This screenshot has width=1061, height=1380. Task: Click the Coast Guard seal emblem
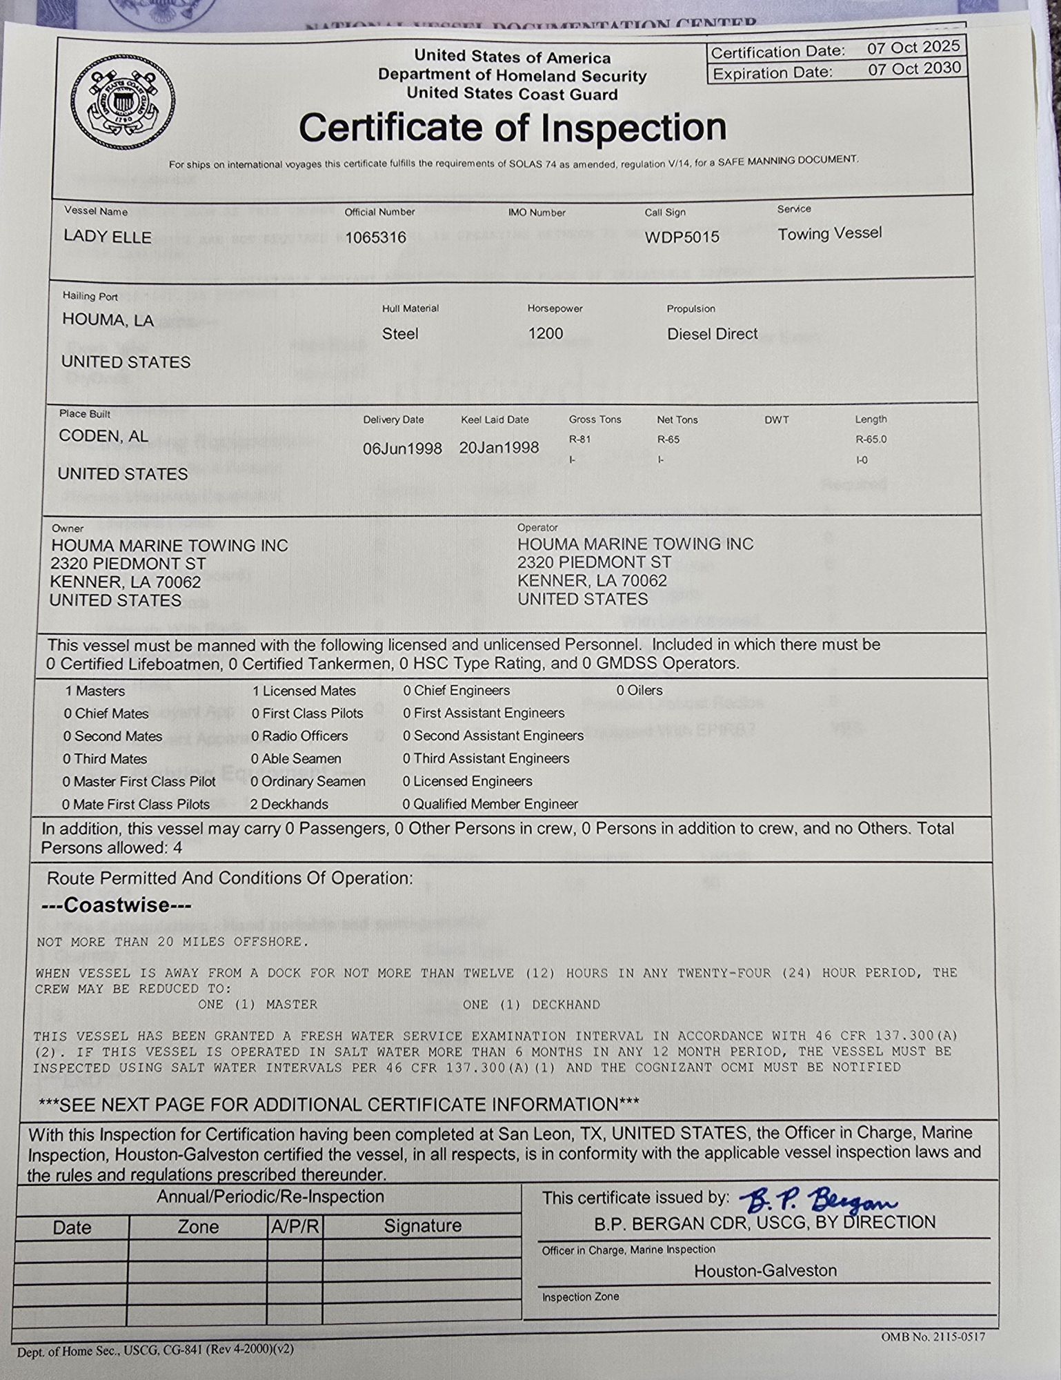(x=124, y=104)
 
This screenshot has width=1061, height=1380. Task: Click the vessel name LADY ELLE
(x=108, y=237)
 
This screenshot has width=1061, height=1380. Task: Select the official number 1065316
(x=375, y=237)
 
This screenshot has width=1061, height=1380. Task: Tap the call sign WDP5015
(x=682, y=237)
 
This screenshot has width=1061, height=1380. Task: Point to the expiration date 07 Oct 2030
(x=914, y=68)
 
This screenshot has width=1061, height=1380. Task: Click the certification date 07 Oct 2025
(x=913, y=48)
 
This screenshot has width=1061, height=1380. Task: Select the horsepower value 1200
(x=545, y=333)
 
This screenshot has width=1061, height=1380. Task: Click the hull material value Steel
(x=400, y=334)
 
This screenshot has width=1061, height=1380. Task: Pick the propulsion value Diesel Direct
(x=712, y=334)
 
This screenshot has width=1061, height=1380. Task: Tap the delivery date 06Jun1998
(x=402, y=448)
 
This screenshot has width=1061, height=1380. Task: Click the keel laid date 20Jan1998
(x=499, y=447)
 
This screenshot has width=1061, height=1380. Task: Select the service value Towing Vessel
(x=829, y=233)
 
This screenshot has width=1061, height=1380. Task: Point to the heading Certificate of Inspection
(x=513, y=128)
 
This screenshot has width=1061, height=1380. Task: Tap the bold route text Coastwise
(x=116, y=905)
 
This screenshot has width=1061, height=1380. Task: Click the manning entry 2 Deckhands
(x=289, y=804)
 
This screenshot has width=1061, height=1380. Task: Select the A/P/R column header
(x=295, y=1226)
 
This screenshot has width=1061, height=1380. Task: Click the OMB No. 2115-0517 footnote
(x=933, y=1337)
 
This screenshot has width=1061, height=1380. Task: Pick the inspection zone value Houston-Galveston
(x=765, y=1270)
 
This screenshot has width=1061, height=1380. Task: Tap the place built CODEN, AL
(x=103, y=436)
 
